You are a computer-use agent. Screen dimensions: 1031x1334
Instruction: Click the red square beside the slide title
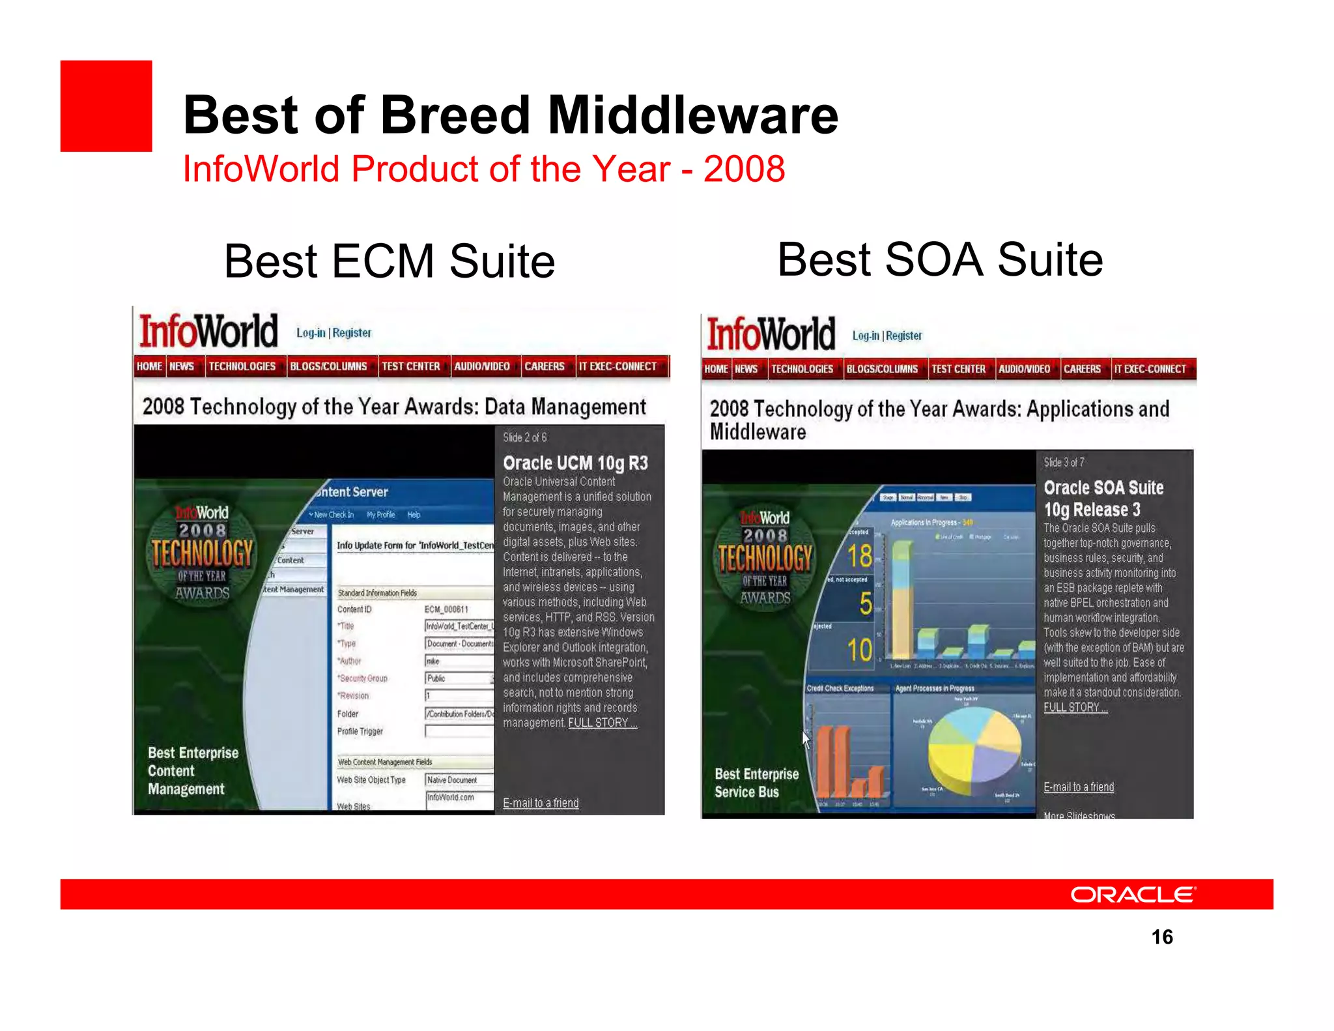click(x=106, y=106)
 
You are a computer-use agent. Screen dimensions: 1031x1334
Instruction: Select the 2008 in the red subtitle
click(x=744, y=169)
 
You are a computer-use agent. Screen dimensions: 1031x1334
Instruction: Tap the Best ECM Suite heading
click(x=389, y=261)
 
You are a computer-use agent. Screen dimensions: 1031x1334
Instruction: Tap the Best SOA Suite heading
click(x=940, y=259)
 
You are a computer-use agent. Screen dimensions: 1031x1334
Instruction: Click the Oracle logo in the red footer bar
click(x=1133, y=894)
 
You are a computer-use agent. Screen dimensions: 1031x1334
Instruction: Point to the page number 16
click(x=1162, y=937)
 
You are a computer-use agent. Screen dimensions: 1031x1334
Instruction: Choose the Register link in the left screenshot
click(x=352, y=333)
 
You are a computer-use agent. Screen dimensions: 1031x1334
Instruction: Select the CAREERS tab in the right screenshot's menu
click(x=1082, y=369)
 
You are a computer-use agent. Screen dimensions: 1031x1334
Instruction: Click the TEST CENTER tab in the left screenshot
click(x=410, y=366)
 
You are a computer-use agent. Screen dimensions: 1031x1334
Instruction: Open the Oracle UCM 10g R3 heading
click(x=575, y=463)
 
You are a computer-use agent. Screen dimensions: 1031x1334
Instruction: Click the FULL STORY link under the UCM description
click(x=602, y=723)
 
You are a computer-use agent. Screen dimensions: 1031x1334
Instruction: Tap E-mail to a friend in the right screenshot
click(x=1079, y=787)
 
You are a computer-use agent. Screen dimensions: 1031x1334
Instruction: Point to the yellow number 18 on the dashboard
click(x=859, y=556)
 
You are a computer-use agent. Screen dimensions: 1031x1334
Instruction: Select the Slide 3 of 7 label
click(x=1064, y=462)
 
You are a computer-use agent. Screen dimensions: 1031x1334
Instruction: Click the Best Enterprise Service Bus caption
click(x=756, y=783)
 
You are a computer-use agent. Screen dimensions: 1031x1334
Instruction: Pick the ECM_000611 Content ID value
click(x=446, y=609)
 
